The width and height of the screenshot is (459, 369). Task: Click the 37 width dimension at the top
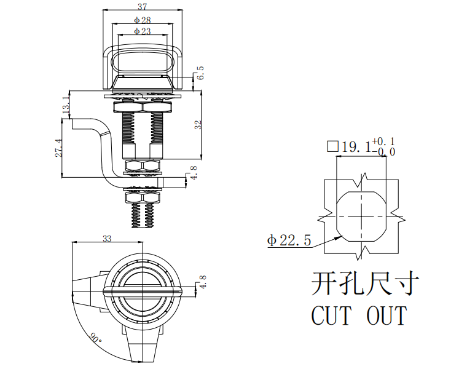(143, 6)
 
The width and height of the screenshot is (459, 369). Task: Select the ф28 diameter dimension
(143, 20)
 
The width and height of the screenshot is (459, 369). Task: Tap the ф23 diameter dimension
(143, 31)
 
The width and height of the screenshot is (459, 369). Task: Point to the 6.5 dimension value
(200, 73)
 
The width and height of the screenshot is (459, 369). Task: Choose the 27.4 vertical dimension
(58, 148)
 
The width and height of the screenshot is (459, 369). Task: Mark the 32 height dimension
(198, 125)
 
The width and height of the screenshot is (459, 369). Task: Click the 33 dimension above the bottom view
(107, 239)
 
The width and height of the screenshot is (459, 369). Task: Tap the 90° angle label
(95, 338)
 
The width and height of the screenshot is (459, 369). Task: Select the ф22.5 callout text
(289, 240)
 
